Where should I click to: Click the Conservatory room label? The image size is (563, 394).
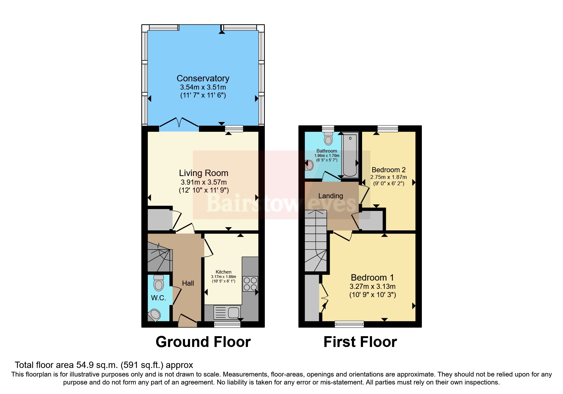pos(203,78)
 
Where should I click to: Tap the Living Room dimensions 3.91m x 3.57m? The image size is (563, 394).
pos(203,182)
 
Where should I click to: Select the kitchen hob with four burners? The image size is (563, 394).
pos(250,284)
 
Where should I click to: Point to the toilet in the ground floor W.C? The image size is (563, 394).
pos(158,282)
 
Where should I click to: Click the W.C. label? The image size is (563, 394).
pos(158,298)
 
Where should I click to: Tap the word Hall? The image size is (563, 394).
pos(188,283)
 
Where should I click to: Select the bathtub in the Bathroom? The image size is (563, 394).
pos(350,155)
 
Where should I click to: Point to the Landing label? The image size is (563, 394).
pos(331,196)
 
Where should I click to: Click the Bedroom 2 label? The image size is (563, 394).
pos(388,170)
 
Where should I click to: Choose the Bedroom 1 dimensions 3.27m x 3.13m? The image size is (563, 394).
pos(373,286)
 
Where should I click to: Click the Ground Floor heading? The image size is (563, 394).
pos(203,342)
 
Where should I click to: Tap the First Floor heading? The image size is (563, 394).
pos(360,342)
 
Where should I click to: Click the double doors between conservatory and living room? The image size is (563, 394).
pos(179,124)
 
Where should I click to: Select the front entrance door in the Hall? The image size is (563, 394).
pos(187,321)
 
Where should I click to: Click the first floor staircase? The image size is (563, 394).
pos(315,241)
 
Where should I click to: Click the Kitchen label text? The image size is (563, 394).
pos(223,272)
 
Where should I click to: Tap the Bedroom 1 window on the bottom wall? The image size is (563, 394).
pos(349,324)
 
